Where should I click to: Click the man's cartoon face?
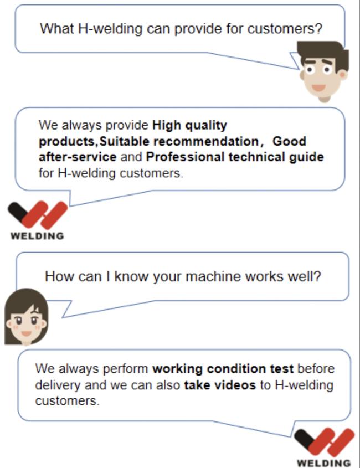324,71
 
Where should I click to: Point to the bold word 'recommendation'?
206,141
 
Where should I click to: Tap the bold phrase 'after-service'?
78,157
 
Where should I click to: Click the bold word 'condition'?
236,369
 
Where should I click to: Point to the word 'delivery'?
58,385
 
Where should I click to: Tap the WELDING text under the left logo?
37,236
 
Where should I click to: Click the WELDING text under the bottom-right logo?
323,463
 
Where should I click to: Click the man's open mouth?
318,88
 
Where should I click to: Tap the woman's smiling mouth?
26,333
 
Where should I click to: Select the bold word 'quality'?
206,126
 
